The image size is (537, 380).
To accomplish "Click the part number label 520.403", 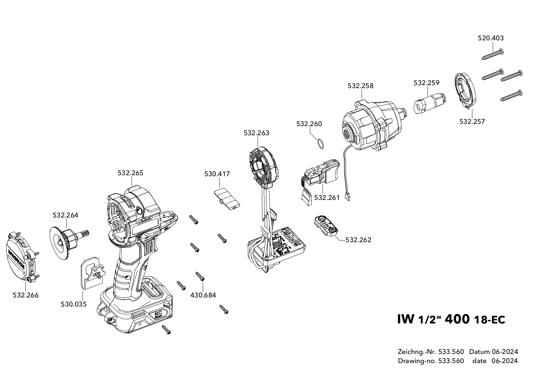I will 491,38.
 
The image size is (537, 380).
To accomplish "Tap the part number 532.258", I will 361,86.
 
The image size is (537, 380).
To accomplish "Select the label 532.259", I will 426,83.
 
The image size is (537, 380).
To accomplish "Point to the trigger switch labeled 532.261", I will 320,176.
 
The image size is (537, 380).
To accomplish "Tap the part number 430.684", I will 203,295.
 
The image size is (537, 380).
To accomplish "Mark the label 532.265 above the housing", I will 130,173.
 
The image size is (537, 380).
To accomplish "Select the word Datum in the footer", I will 479,352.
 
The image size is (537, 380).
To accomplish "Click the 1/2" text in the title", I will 428,320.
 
